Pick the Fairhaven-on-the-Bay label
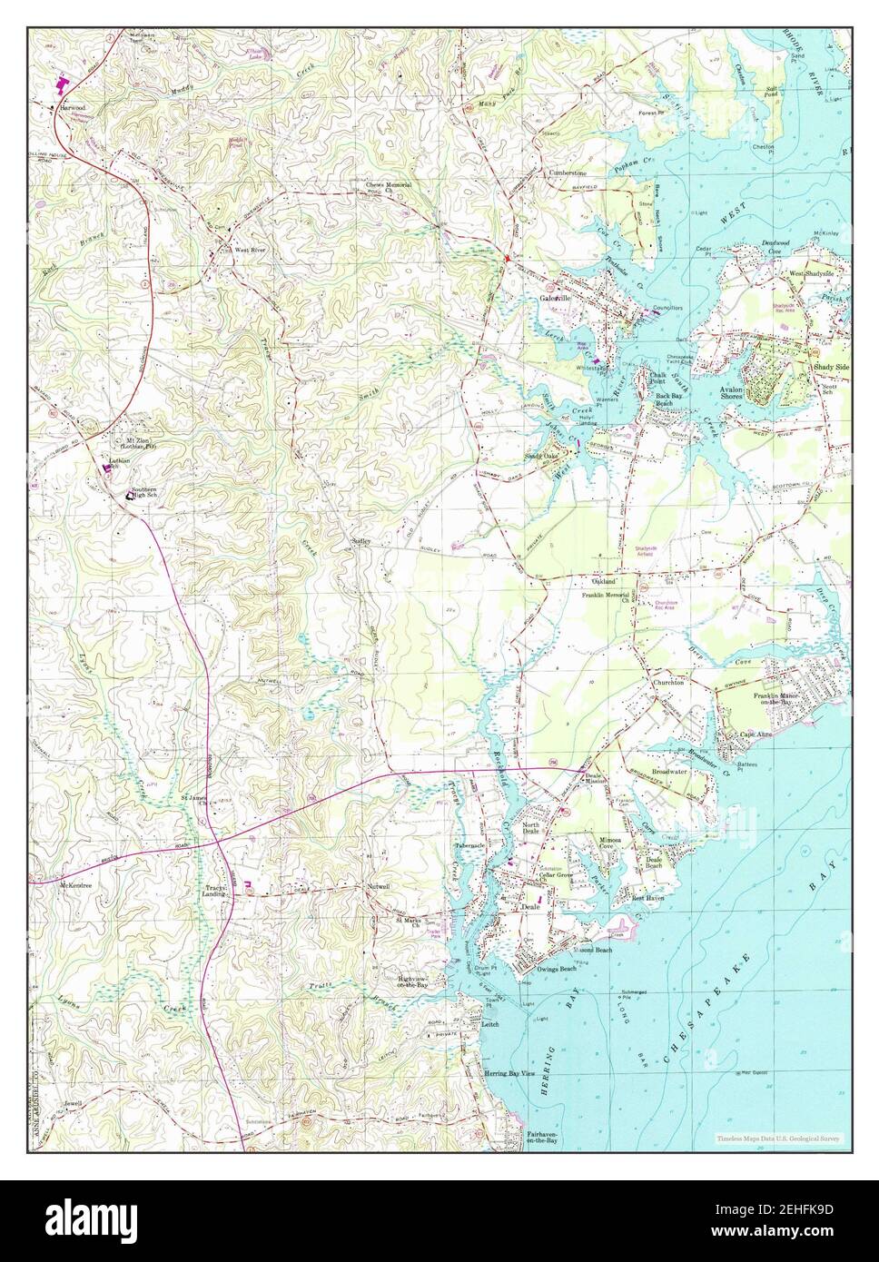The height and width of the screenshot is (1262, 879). (546, 1139)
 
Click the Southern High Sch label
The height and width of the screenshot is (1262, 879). (149, 494)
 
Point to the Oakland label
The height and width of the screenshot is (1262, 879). (604, 579)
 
